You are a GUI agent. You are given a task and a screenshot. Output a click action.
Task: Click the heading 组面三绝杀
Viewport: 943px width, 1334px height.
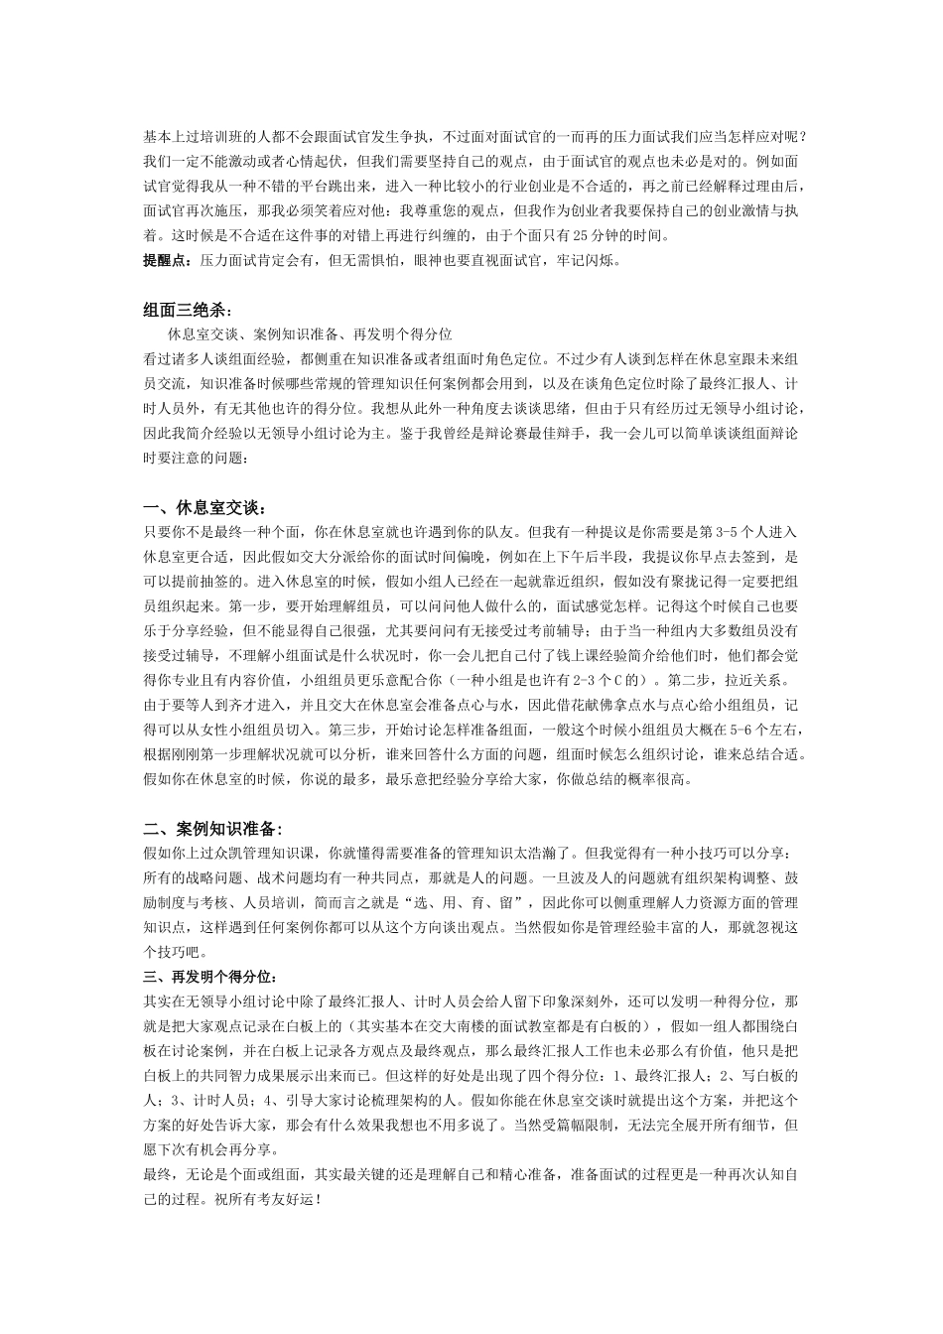pyautogui.click(x=186, y=310)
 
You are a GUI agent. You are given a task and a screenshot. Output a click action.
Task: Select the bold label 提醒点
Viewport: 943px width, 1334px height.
pyautogui.click(x=165, y=261)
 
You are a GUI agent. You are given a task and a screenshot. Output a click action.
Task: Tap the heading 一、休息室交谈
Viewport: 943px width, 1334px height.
pyautogui.click(x=204, y=508)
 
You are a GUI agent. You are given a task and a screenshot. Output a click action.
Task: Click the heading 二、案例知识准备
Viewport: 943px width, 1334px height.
pyautogui.click(x=212, y=829)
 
